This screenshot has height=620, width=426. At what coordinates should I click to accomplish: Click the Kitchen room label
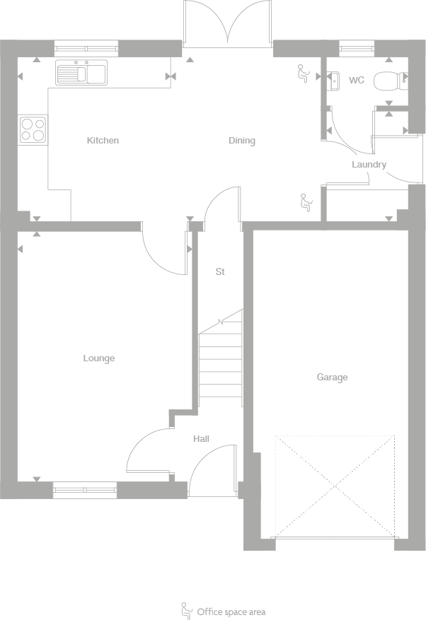tap(103, 141)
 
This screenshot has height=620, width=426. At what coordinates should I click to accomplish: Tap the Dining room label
tap(241, 141)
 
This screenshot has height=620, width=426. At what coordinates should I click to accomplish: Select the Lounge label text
tap(98, 358)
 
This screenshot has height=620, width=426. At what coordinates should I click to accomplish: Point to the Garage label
tap(332, 378)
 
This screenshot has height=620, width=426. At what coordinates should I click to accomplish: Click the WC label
tap(357, 81)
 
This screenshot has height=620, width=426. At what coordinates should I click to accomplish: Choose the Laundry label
tap(369, 165)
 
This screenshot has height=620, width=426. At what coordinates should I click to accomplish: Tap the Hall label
tap(202, 439)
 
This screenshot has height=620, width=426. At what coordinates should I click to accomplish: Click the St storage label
tap(220, 271)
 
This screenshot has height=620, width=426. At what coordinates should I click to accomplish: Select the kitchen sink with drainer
tap(81, 72)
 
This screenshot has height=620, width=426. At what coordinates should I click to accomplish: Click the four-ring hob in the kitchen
tap(33, 129)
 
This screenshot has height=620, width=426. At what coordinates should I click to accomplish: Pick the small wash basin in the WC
tap(334, 81)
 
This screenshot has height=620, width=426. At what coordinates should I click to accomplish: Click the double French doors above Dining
tap(228, 24)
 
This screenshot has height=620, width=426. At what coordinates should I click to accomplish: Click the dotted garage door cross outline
tap(335, 486)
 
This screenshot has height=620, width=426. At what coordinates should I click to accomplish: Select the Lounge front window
tap(85, 489)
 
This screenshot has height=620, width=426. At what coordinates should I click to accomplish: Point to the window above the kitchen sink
tap(86, 48)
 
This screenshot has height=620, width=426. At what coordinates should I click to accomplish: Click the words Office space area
tap(231, 612)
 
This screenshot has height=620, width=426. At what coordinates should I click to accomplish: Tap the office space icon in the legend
tap(187, 610)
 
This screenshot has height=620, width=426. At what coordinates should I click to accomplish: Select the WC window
tap(357, 48)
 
